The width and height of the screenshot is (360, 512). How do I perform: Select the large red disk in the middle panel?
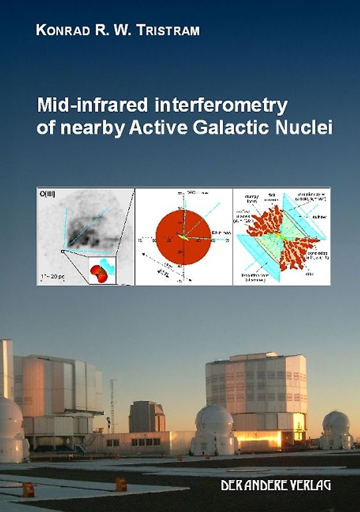[x=183, y=237]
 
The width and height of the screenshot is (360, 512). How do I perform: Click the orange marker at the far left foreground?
[x=28, y=489]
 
